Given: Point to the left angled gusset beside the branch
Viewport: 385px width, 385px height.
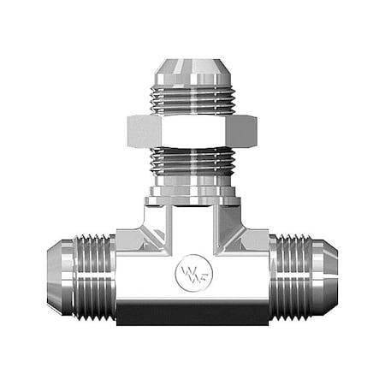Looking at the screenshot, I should point(138,231).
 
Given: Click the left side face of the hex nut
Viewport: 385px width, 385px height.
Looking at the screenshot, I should point(136,129).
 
